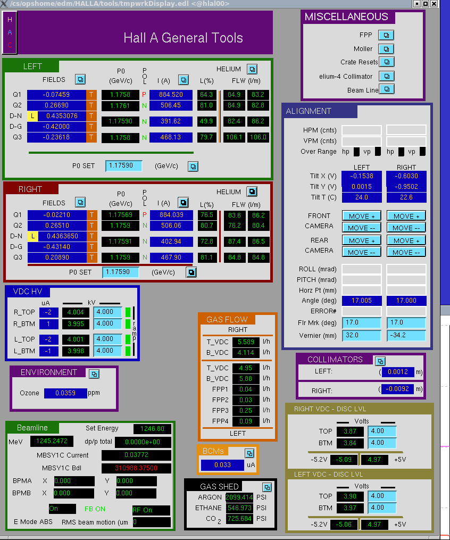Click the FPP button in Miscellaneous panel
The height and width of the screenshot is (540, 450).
pyautogui.click(x=386, y=35)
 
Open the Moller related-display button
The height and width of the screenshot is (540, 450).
pyautogui.click(x=386, y=49)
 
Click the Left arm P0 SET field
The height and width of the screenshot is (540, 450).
pyautogui.click(x=123, y=165)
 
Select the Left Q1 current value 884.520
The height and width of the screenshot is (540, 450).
pyautogui.click(x=171, y=94)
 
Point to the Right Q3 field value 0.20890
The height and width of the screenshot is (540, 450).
pyautogui.click(x=57, y=257)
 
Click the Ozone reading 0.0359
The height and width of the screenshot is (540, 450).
pyautogui.click(x=65, y=393)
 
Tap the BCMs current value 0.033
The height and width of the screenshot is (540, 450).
pyautogui.click(x=222, y=465)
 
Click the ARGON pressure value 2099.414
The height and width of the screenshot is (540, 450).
pyautogui.click(x=239, y=497)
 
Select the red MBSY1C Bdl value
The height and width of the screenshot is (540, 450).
pyautogui.click(x=136, y=468)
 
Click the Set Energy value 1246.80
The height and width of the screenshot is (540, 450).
pyautogui.click(x=152, y=429)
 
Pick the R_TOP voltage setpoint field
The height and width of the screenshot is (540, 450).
pyautogui.click(x=107, y=312)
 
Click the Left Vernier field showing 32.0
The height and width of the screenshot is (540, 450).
pyautogui.click(x=362, y=335)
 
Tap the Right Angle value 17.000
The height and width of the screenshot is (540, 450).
pyautogui.click(x=406, y=300)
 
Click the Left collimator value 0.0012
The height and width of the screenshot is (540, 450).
pyautogui.click(x=398, y=372)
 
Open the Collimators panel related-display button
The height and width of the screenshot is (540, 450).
pyautogui.click(x=380, y=361)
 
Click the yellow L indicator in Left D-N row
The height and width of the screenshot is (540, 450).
pyautogui.click(x=32, y=116)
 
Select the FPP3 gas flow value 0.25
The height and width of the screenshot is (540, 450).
pyautogui.click(x=246, y=411)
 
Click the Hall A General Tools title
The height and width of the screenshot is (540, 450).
pyautogui.click(x=183, y=38)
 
